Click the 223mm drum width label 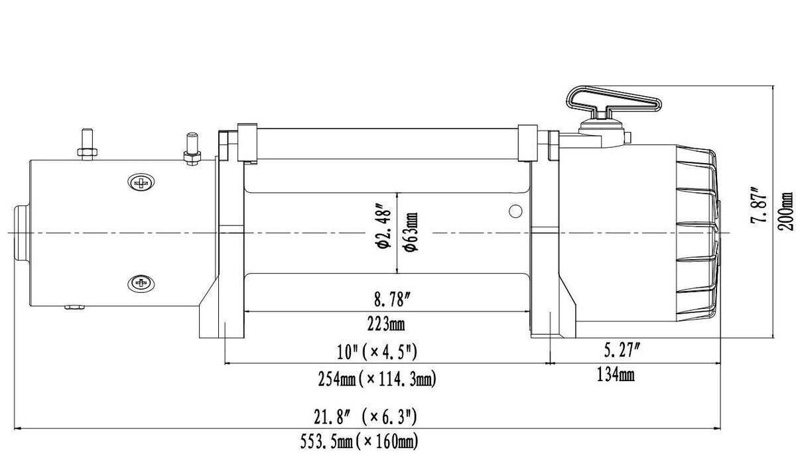(387, 324)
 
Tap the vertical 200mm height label (786, 211)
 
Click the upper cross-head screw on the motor (141, 182)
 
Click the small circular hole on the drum (515, 211)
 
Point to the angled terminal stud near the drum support (192, 148)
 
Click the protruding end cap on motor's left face (21, 233)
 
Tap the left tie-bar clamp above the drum (246, 141)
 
